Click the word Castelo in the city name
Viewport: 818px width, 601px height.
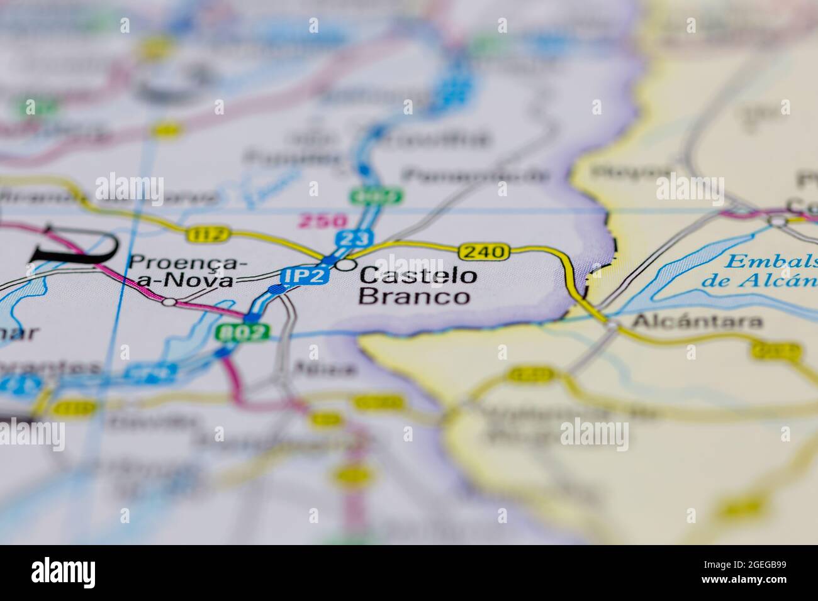coord(417,275)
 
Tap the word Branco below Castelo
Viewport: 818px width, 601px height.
coord(414,297)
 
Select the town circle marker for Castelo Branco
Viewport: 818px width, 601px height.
coord(344,265)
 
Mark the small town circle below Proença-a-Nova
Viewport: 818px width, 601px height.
coord(169,302)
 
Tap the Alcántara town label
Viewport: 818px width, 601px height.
coord(697,322)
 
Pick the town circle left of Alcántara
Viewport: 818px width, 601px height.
coord(612,324)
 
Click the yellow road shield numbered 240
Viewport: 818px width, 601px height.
coord(484,252)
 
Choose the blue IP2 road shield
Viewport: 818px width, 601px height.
coord(305,275)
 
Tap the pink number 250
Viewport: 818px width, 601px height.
coord(323,221)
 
